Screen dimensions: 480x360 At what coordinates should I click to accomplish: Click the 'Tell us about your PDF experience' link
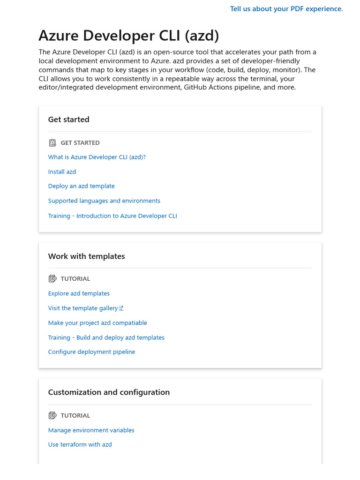tap(286, 9)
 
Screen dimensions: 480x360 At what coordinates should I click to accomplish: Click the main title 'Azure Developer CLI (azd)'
tap(128, 36)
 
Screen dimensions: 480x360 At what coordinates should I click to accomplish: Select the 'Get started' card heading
tap(68, 120)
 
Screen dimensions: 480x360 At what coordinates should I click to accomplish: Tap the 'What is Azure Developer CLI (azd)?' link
tap(97, 157)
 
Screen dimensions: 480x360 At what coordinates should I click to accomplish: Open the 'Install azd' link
tap(62, 172)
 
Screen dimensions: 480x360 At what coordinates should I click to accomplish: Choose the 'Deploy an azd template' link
tap(81, 186)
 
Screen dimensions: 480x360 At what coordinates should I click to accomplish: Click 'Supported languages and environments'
tap(104, 201)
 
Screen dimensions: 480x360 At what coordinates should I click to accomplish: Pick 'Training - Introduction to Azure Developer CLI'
tap(112, 216)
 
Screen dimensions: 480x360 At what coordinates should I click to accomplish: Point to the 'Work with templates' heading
tap(86, 256)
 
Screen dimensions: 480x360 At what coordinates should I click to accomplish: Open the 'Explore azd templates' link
tap(79, 293)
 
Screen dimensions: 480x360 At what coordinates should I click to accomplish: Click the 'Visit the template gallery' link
tap(83, 308)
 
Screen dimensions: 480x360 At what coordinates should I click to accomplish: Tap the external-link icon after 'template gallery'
tap(121, 308)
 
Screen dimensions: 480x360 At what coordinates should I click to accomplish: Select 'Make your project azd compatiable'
tap(97, 322)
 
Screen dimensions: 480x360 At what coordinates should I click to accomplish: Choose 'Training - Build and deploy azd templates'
tap(106, 337)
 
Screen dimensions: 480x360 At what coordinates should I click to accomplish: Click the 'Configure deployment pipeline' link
tap(91, 352)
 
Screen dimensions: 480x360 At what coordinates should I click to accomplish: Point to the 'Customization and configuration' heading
tap(109, 392)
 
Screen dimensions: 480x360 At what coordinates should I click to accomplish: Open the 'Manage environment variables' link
tap(91, 430)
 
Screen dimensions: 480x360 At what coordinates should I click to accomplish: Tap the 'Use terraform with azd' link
tap(80, 444)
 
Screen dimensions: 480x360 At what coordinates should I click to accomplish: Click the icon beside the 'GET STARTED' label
tap(52, 142)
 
